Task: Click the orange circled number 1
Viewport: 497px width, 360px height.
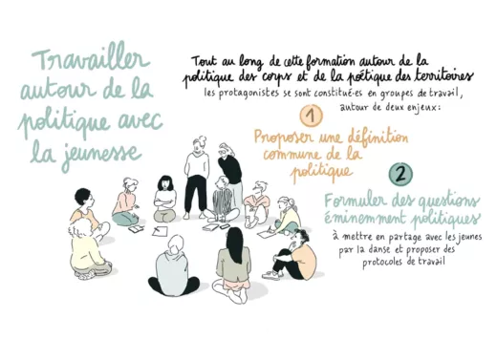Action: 312,116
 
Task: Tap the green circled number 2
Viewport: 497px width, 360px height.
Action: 400,174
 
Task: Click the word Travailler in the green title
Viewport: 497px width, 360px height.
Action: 91,60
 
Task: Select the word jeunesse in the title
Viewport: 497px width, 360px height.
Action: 101,155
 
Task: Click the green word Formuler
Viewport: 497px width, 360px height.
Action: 355,201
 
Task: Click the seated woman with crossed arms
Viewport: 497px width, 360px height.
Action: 164,200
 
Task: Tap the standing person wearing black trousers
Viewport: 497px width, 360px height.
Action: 197,179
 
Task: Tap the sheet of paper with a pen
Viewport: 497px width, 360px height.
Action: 160,231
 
